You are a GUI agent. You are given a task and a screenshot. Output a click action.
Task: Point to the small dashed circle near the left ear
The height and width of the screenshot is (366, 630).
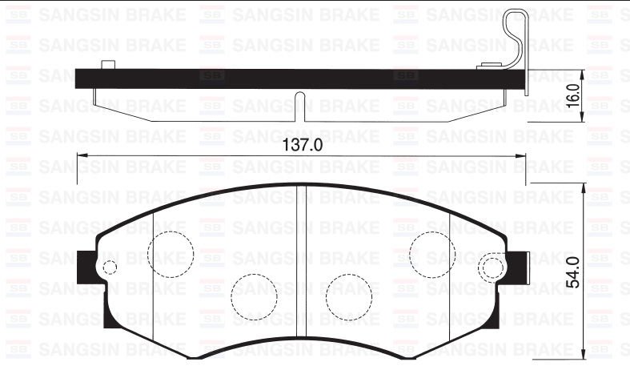pos(110,267)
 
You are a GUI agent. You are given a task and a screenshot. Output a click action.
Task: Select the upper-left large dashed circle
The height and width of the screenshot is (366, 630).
pos(172,253)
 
